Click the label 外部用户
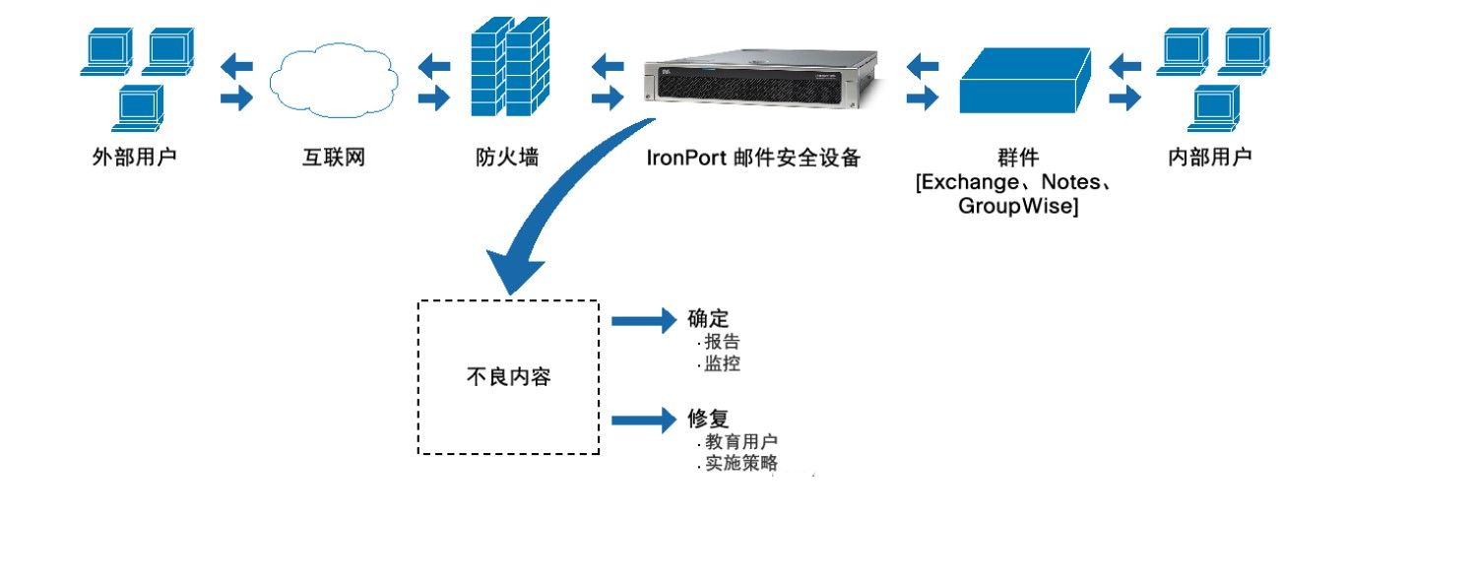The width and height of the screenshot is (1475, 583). pos(135,157)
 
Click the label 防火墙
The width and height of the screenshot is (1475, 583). pos(506,157)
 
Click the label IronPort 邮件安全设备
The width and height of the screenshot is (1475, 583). pos(753,158)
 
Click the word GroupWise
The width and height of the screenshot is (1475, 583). pos(1017,208)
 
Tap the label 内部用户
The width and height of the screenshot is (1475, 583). pos(1209,157)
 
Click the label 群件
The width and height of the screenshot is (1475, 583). pos(1018,158)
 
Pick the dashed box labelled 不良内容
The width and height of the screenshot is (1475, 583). pos(508,377)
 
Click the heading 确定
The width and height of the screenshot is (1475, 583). pos(708,319)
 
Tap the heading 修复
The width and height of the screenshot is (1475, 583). pos(708,420)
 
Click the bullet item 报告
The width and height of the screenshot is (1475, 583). pos(722,342)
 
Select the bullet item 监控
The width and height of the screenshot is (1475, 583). pos(722,363)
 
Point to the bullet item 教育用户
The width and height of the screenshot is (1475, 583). pos(741,442)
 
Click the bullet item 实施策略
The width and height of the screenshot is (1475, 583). pos(741,463)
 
